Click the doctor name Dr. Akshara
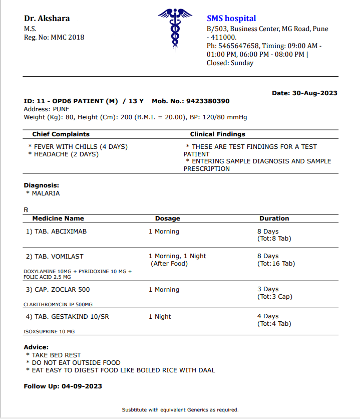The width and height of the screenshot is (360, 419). coord(47,19)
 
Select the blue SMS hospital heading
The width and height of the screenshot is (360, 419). coord(231,19)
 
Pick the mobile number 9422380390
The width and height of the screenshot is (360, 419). coord(208,101)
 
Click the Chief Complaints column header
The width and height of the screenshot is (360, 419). coord(61,134)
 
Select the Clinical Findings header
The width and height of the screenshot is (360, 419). coord(217,134)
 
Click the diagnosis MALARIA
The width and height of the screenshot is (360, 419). coord(46,193)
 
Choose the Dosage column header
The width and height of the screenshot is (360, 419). coord(167,219)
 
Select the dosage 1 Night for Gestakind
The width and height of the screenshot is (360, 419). coord(160,317)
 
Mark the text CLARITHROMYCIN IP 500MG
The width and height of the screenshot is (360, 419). coord(58,304)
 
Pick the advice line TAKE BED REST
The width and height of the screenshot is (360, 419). coord(56,355)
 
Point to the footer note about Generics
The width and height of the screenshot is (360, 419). coord(180,410)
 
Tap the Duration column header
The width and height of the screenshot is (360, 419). coord(274,219)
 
